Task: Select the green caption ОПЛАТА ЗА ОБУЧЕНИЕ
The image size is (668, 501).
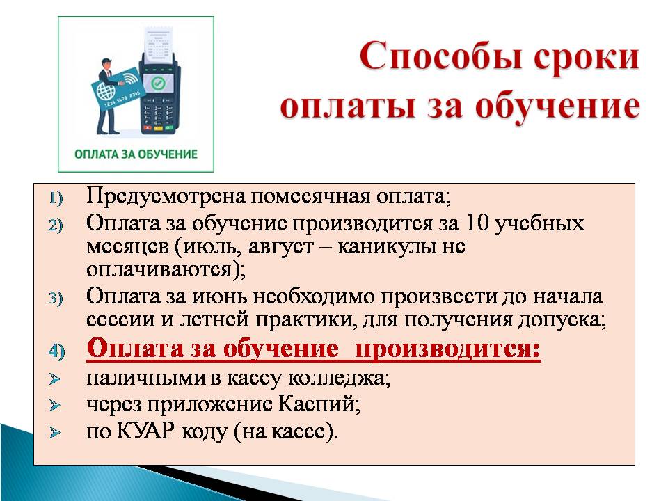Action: point(136,154)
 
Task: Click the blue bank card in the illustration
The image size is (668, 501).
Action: point(116,90)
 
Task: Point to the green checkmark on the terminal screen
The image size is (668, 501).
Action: point(158,83)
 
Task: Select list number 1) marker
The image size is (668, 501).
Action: point(56,198)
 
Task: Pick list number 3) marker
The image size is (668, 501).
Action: point(56,298)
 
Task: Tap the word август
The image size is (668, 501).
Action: point(280,246)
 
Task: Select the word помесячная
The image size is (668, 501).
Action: point(310,197)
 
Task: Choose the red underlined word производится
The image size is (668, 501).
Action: point(447,349)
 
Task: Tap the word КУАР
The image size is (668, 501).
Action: point(145,431)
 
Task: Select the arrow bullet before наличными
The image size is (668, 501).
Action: point(55,379)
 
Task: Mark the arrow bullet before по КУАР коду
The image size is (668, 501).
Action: point(55,433)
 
